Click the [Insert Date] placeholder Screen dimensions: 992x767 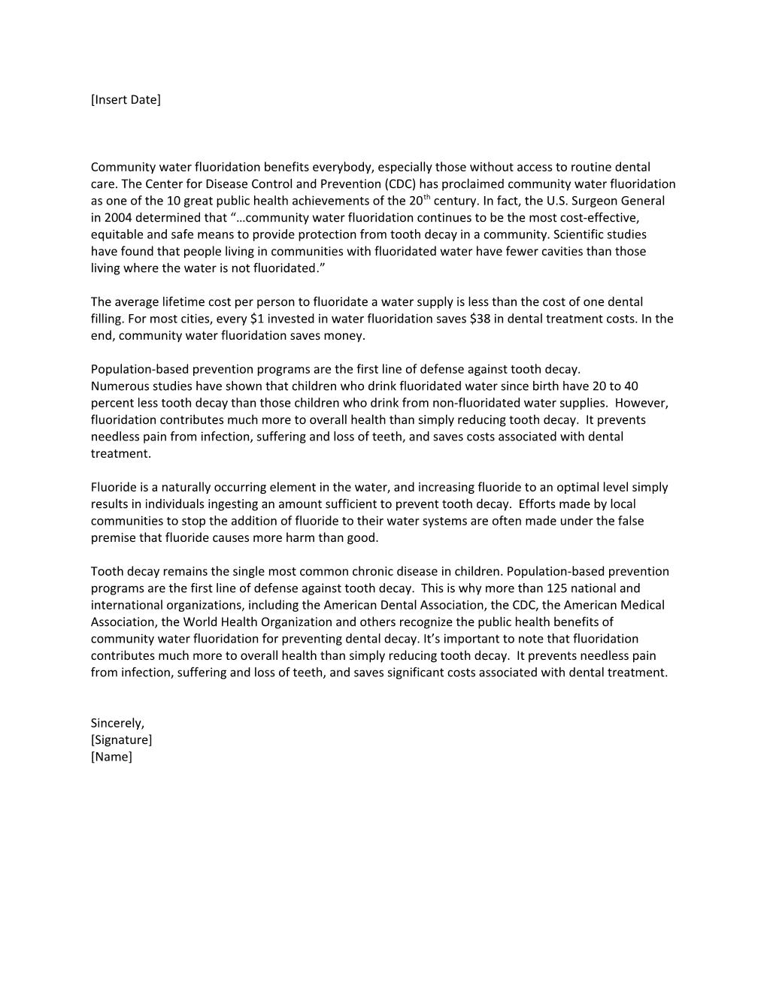pos(126,99)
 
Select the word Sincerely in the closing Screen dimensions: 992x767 pos(117,723)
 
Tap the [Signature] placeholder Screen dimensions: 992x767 pos(121,739)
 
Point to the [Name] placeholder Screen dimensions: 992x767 pos(111,756)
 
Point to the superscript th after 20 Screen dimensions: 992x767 pos(428,198)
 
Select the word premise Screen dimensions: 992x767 pos(113,537)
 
